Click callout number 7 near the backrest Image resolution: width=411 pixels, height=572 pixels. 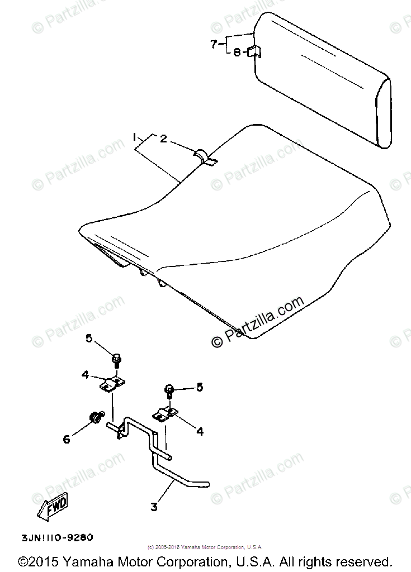coord(213,44)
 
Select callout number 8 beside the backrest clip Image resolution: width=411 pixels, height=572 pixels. coord(237,52)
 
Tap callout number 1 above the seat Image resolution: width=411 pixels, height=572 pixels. coord(134,137)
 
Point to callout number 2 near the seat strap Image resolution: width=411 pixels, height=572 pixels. coord(163,139)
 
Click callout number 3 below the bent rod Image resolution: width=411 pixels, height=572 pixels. coord(154,507)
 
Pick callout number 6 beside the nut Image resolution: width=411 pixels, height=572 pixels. coord(67,439)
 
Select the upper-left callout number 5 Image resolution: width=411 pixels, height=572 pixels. coord(89,338)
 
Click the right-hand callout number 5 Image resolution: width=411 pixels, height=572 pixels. coord(200,387)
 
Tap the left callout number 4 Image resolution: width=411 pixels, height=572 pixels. coord(85,375)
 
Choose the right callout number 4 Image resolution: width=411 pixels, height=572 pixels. coord(200,431)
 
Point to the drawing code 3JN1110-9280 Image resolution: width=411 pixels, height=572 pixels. coord(57,538)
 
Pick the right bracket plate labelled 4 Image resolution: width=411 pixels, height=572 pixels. coord(164,414)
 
